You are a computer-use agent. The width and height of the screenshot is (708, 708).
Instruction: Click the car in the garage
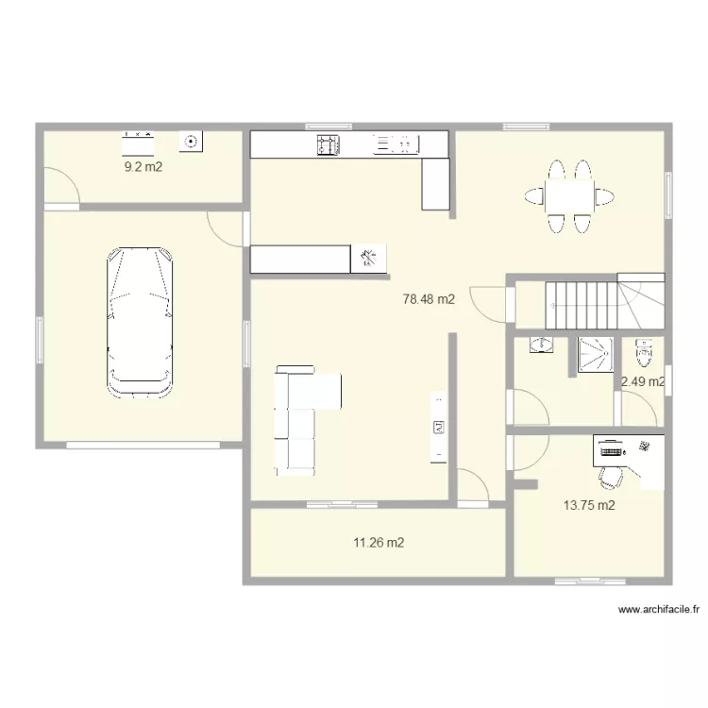click(140, 323)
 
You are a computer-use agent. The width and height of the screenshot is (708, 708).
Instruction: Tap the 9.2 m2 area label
click(143, 167)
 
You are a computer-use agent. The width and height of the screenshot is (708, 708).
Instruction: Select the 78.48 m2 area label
click(429, 299)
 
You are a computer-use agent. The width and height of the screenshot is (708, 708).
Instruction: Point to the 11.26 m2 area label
click(379, 542)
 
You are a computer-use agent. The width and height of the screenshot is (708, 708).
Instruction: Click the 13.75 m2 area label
click(589, 505)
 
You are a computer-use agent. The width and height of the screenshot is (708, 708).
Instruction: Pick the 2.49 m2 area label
click(643, 382)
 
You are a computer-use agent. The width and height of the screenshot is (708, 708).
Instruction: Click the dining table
click(569, 196)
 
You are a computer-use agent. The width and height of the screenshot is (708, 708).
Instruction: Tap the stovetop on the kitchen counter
click(329, 145)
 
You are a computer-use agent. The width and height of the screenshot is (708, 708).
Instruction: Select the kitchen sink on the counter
click(396, 144)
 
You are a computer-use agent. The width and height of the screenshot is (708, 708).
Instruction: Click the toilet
click(644, 353)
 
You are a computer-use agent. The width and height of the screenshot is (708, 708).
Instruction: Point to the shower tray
click(596, 355)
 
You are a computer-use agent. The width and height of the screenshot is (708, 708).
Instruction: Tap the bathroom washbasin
click(541, 346)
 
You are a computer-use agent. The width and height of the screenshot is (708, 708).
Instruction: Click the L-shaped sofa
click(300, 420)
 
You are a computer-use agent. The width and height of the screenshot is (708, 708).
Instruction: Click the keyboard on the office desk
click(611, 451)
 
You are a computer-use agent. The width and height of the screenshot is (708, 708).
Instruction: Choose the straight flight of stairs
click(582, 305)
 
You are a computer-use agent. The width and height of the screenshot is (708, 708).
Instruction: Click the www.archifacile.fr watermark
click(658, 610)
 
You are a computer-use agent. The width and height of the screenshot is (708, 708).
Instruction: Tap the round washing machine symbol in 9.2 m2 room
click(191, 142)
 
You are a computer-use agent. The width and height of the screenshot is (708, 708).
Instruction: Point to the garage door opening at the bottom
click(143, 446)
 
